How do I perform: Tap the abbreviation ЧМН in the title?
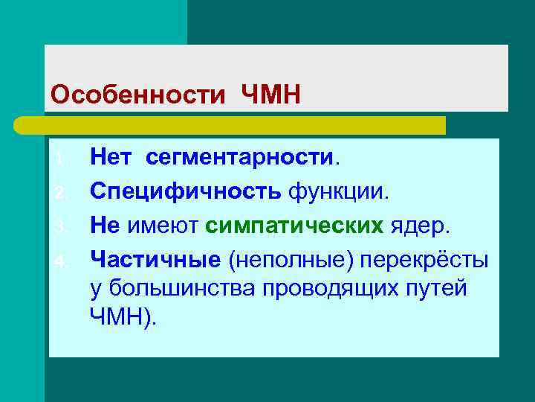[270, 95]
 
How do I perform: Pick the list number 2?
[62, 194]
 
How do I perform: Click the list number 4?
[62, 261]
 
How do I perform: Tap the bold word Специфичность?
[186, 192]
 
